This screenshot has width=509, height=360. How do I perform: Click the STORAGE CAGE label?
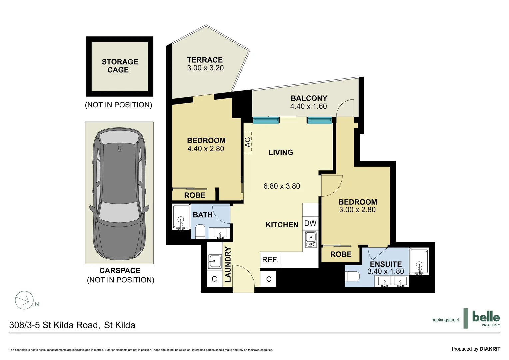[x=120, y=66]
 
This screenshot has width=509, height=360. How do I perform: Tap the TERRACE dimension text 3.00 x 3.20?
[x=205, y=68]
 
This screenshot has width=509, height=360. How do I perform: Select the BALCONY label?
[x=309, y=98]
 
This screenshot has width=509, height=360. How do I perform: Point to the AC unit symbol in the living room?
[x=248, y=142]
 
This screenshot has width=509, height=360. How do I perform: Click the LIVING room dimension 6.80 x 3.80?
[x=281, y=186]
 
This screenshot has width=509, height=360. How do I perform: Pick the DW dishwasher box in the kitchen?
[x=310, y=223]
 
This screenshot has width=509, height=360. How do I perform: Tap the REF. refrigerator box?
[x=270, y=260]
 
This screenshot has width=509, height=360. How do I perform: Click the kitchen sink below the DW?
[x=311, y=240]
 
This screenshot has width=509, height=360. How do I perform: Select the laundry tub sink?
[x=215, y=261]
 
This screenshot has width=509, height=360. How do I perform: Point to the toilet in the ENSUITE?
[x=353, y=276]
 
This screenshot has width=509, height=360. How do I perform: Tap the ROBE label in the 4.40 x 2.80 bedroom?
[x=195, y=195]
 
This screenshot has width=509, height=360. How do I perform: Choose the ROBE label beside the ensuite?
[x=341, y=254]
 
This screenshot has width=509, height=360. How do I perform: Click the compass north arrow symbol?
[x=24, y=300]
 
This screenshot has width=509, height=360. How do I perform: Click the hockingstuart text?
[x=445, y=320]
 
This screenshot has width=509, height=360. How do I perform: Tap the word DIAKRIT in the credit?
[x=490, y=349]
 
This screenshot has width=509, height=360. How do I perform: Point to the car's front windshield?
[x=119, y=212]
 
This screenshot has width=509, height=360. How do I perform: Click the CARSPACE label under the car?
[x=120, y=271]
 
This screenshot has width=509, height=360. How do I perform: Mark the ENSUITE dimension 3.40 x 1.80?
[x=385, y=272]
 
